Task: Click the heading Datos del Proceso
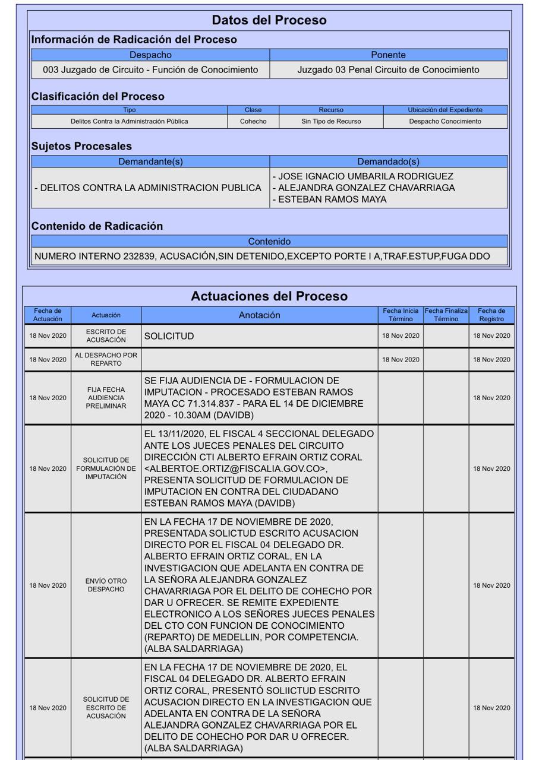tap(269, 20)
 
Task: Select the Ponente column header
tap(388, 55)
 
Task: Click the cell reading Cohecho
tap(253, 121)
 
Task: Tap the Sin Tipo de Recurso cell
tap(331, 121)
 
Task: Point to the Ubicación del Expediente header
tap(445, 110)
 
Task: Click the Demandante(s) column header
tap(150, 161)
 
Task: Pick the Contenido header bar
tap(269, 242)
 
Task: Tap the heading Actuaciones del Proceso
tap(269, 296)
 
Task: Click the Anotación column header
tap(259, 315)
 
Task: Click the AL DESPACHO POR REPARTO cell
tap(106, 359)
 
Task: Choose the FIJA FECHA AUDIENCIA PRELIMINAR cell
tap(106, 398)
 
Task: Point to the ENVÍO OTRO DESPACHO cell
tap(106, 585)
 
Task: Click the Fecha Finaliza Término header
tap(446, 315)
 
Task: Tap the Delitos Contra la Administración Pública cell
tap(129, 121)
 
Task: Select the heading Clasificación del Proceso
tap(98, 96)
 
